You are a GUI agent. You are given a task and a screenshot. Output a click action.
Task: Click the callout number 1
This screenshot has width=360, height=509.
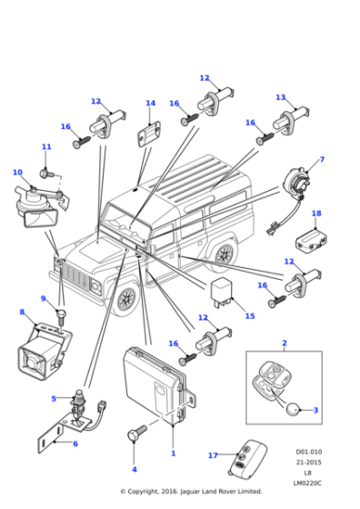point(173,452)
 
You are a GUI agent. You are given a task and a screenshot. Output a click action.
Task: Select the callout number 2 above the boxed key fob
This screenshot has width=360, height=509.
point(284,344)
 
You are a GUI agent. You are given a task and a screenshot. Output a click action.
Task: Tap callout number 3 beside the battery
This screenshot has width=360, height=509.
point(315,410)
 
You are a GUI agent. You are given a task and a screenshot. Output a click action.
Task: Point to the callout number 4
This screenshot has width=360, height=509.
point(134,469)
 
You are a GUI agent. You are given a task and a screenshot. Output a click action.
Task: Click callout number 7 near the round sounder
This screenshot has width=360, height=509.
point(321,160)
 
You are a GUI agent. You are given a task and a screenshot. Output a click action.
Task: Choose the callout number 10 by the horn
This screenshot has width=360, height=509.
point(16,172)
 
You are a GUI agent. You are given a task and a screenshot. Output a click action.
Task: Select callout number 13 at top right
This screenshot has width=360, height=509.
point(280,97)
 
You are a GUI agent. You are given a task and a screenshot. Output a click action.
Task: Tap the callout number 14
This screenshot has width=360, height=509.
point(151,104)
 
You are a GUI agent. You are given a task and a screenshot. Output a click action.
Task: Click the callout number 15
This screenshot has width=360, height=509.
point(250,316)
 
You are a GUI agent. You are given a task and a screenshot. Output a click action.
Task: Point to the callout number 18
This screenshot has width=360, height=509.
point(316,215)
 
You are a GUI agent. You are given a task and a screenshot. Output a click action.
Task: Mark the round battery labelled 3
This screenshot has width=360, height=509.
point(295,410)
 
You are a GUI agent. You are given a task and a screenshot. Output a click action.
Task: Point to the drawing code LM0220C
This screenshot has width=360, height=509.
point(308,483)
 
